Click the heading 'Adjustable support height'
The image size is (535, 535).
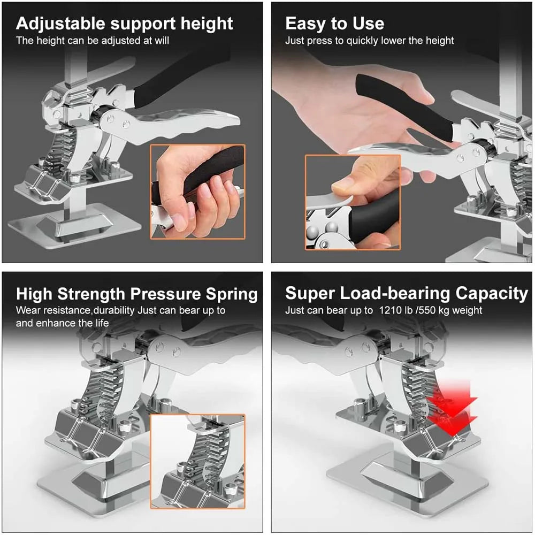[x=124, y=24]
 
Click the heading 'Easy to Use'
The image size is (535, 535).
[x=334, y=24]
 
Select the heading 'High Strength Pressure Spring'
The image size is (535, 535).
[x=136, y=294]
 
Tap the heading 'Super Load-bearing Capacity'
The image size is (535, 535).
[x=406, y=293]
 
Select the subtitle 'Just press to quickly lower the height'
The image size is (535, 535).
[x=369, y=41]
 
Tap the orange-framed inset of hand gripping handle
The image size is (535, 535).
[x=197, y=191]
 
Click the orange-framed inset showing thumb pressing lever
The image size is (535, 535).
[x=353, y=202]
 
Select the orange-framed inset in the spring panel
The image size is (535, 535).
[x=197, y=461]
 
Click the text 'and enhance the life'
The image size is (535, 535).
[x=62, y=323]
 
